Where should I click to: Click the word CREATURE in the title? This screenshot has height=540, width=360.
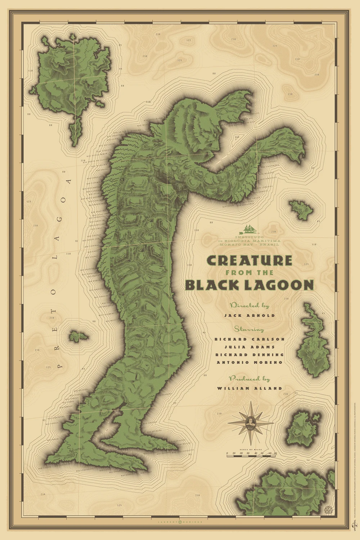(x=249, y=260)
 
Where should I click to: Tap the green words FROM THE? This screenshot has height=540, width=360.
(x=249, y=273)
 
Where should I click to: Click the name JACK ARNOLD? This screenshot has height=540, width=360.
(x=249, y=315)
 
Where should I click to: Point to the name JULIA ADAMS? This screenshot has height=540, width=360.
(x=249, y=347)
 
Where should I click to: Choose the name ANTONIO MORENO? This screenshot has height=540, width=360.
(x=249, y=363)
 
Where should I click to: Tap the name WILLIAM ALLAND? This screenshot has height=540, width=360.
(x=249, y=388)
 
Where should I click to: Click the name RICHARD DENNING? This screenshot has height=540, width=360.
(x=249, y=355)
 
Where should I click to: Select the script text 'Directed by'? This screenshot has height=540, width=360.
(x=249, y=306)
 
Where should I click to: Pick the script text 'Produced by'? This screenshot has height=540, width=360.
(x=249, y=379)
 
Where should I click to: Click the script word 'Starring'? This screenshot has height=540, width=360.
(x=249, y=329)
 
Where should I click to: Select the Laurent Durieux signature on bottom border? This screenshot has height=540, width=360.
(x=180, y=521)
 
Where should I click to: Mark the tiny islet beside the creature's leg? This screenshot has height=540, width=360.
(x=77, y=337)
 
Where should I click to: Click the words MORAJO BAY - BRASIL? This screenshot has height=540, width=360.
(x=249, y=244)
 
